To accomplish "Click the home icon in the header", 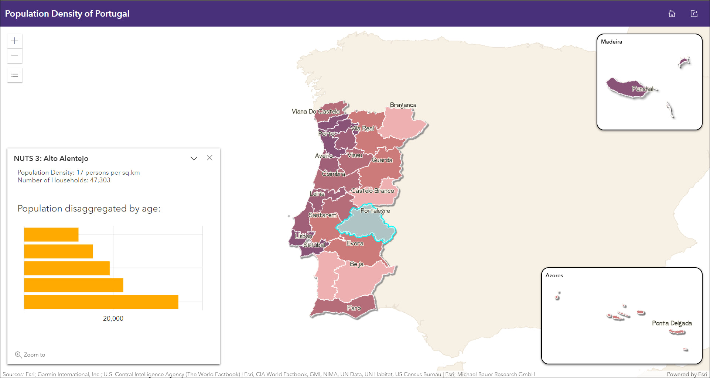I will [672, 14].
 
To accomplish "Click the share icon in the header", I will [694, 14].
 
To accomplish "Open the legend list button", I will [15, 75].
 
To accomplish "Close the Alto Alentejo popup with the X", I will [209, 158].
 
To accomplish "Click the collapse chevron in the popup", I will [194, 158].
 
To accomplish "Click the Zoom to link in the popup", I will [30, 355].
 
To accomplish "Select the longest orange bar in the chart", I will [101, 302].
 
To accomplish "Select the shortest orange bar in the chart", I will [51, 235].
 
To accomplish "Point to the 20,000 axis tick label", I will [113, 319].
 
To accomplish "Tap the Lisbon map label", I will [303, 236].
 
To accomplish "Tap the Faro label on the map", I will [354, 308].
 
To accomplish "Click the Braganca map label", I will [403, 105].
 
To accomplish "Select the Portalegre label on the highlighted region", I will [375, 211].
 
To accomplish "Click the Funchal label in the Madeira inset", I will [642, 89].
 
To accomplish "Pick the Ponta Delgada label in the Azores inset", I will [672, 323].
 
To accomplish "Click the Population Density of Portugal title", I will [67, 14].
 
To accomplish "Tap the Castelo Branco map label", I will [372, 191].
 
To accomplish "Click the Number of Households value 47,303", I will [100, 180].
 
